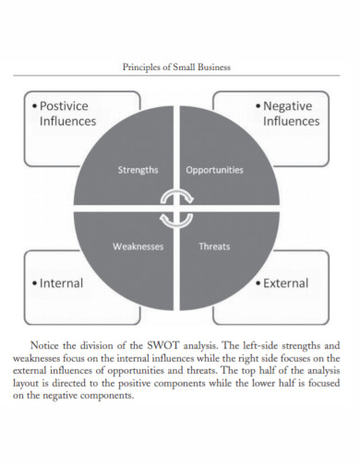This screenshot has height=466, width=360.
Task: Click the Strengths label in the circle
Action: tap(138, 170)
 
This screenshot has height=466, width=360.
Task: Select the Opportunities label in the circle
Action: tap(214, 170)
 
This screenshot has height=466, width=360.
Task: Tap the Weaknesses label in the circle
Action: tap(138, 246)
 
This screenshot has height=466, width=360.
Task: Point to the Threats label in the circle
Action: tap(214, 246)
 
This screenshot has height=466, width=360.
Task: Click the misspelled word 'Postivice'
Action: tap(72, 105)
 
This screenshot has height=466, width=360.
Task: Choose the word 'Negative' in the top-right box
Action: tap(291, 105)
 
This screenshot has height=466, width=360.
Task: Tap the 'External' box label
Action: tap(284, 283)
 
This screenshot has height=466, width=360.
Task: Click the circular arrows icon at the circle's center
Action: tap(176, 208)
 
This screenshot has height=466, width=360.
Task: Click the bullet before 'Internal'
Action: tap(35, 284)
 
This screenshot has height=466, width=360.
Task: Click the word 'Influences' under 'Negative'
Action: tap(291, 121)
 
